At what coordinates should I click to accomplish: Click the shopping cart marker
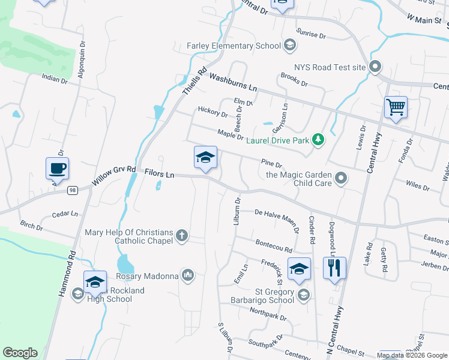(396, 108)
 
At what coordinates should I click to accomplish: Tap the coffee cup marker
(57, 169)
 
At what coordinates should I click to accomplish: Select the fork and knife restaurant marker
(335, 267)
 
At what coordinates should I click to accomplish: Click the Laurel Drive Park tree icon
(318, 140)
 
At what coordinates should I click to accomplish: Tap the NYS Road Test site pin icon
(376, 67)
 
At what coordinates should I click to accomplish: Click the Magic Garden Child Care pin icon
(341, 178)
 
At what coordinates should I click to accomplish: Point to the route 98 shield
(72, 190)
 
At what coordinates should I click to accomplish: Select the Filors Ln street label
(159, 173)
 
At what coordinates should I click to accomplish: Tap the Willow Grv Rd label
(114, 176)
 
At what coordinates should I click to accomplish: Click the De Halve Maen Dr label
(277, 218)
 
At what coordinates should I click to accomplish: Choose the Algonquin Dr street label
(82, 61)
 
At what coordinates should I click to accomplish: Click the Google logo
(20, 353)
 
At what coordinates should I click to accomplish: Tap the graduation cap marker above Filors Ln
(205, 158)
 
